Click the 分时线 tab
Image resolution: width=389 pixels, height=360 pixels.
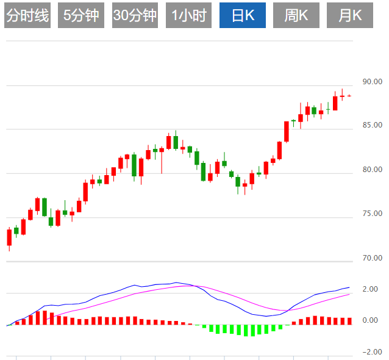27,16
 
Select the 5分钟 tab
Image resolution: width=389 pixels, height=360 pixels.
81,16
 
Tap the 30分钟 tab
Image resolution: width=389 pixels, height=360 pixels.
135,16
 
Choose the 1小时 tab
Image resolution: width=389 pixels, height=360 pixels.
188,16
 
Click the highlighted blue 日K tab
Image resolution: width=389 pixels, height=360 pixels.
242,16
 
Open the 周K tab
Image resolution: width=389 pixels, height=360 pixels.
296,16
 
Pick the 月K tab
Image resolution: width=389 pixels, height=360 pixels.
349,16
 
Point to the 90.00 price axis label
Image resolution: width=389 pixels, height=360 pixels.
372,82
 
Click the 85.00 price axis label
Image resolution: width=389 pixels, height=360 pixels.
372,126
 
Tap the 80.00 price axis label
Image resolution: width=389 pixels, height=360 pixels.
372,170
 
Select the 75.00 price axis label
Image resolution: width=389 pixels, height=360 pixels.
372,214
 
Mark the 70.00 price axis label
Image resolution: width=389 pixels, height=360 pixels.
372,258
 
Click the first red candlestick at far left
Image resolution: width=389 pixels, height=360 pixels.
9,237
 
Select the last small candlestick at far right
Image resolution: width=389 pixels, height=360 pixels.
349,96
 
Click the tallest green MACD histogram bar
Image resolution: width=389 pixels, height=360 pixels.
246,330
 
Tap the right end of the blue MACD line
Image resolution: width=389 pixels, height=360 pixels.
349,287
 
